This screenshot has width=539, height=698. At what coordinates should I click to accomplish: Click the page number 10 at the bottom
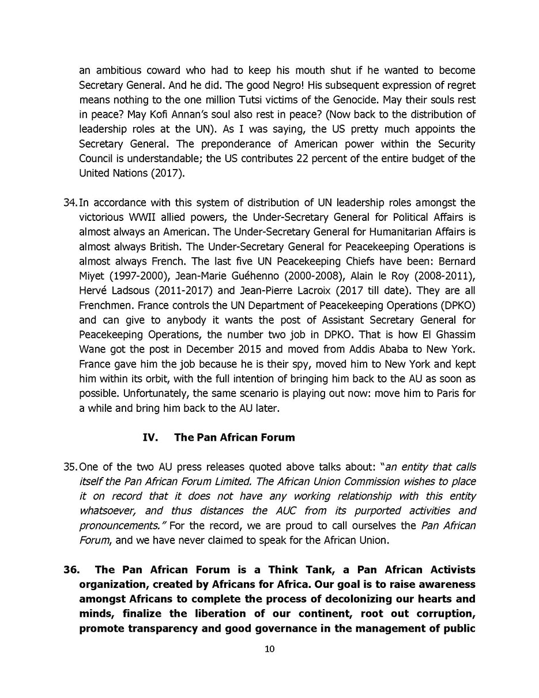tap(269, 649)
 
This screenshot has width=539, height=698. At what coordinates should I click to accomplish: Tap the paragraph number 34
tap(70, 202)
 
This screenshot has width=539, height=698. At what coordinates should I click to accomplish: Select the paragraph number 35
tap(70, 467)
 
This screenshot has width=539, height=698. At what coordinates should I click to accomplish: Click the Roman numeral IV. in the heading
tap(150, 437)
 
